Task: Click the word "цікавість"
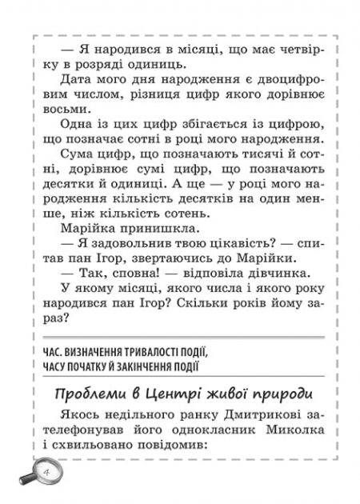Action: [225, 250]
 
